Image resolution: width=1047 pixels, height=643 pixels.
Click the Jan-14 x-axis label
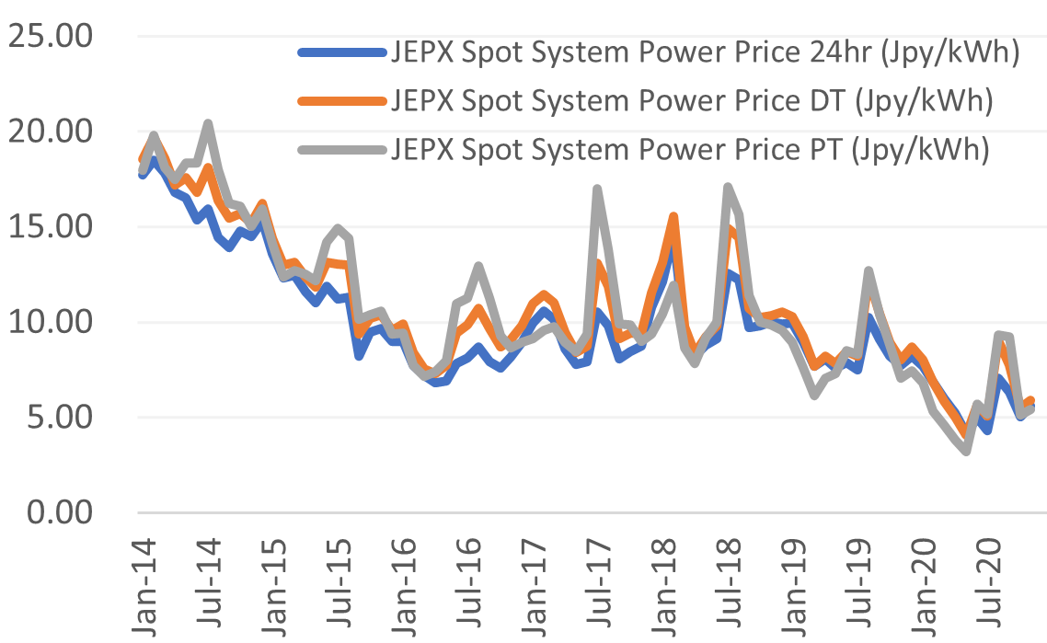pyautogui.click(x=144, y=580)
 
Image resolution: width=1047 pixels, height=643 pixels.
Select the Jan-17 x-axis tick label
pyautogui.click(x=536, y=580)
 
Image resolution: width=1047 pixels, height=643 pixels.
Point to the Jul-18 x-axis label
pyautogui.click(x=732, y=580)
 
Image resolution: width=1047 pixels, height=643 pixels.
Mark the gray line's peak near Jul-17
pyautogui.click(x=598, y=189)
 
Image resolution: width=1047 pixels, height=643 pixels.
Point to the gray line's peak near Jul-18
pyautogui.click(x=729, y=188)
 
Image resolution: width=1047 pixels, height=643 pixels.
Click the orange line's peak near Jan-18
pyautogui.click(x=674, y=217)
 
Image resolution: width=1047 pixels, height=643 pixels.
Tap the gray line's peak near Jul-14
pyautogui.click(x=209, y=123)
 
